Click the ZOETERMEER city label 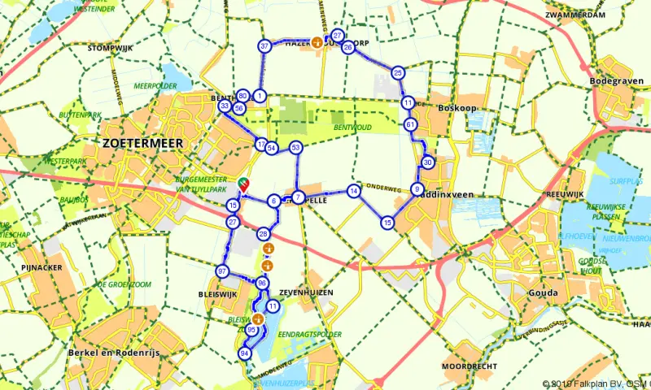pos(143,142)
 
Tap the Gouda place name pos(543,292)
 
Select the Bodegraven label pos(618,81)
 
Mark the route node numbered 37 pos(264,46)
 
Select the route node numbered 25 pos(398,73)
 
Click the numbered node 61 pos(410,124)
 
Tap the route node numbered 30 pos(428,162)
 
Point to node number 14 pos(353,191)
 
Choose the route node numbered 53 pos(296,147)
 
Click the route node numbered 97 pos(222,271)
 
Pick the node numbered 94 pos(244,353)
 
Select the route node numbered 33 pos(225,106)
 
